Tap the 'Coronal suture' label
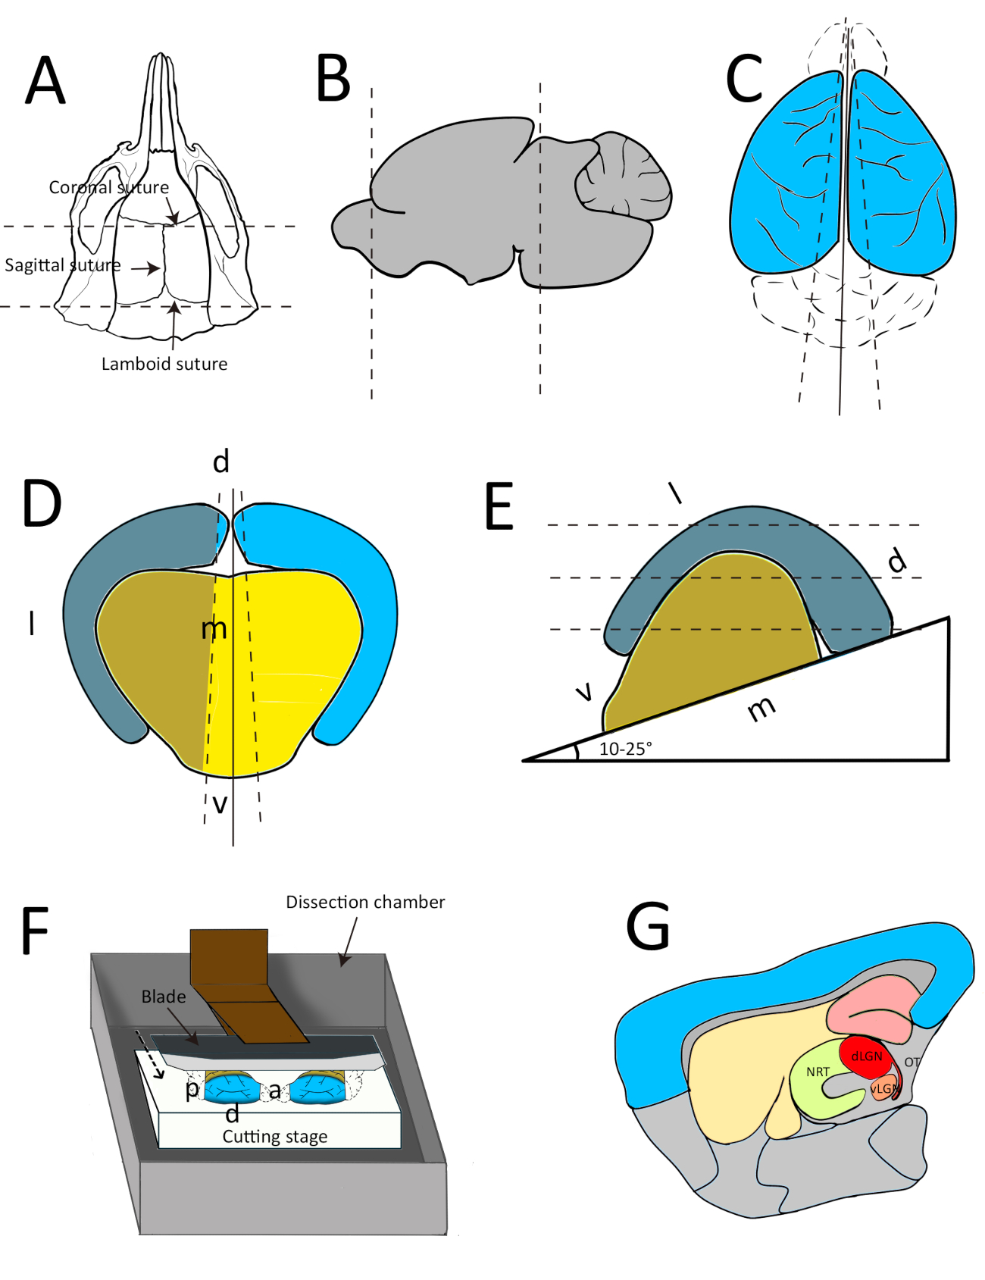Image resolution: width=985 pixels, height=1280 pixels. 108,187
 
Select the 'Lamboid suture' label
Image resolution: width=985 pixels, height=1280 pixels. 164,364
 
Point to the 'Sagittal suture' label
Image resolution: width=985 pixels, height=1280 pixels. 62,265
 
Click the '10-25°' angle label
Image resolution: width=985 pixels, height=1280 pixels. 625,749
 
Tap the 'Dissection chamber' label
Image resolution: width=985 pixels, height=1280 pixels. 365,902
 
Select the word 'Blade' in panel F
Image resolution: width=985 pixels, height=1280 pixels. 163,997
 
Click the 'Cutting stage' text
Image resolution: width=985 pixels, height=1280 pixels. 275,1136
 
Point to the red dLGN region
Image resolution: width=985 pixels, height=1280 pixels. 866,1056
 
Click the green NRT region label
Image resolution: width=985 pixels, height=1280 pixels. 818,1072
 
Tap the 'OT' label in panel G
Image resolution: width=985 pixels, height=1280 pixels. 912,1062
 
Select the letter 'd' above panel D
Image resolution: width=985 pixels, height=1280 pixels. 220,462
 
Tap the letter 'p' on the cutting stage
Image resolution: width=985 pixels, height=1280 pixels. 192,1090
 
